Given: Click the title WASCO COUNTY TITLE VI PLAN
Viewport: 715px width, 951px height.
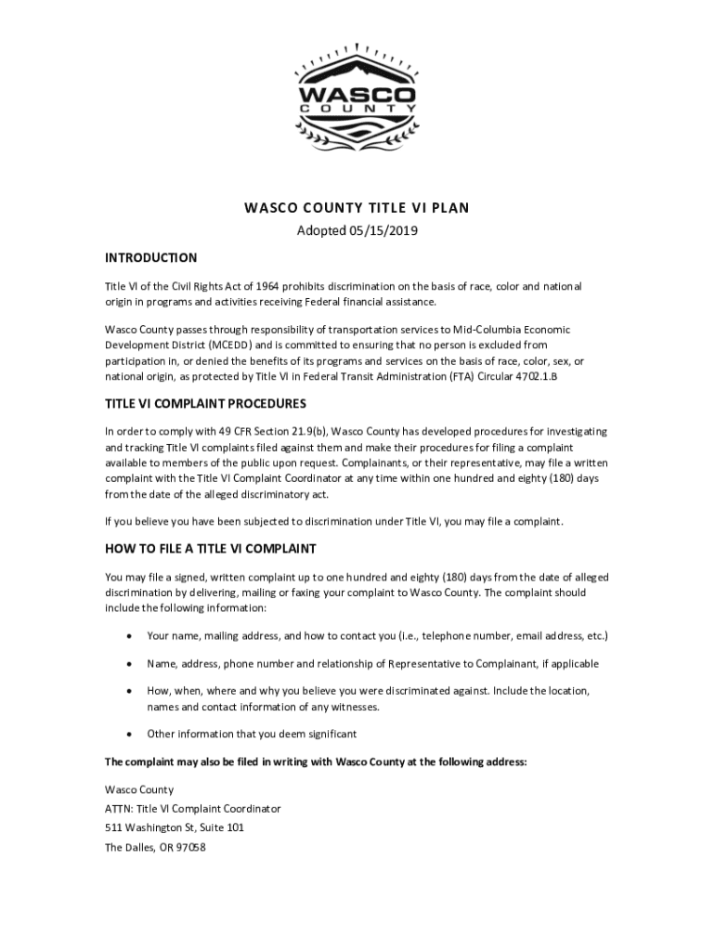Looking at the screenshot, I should [357, 208].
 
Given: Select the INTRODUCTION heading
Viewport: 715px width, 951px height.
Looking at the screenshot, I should [150, 257].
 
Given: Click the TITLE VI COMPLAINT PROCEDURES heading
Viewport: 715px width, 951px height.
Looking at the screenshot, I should [205, 404].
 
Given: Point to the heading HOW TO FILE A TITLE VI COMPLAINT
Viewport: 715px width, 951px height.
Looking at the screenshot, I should [211, 549].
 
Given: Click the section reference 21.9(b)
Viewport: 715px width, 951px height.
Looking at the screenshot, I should [306, 432].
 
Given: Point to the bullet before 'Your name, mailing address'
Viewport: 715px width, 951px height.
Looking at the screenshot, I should [127, 636].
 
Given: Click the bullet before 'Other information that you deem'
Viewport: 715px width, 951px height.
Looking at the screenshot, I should [127, 734].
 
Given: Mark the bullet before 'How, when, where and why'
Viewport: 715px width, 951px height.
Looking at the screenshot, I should [127, 692].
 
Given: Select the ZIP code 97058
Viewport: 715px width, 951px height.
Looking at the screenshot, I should [188, 847].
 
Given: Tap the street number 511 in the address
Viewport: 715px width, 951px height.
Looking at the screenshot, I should [114, 827].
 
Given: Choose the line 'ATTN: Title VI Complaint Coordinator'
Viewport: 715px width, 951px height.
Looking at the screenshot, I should [192, 808].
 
